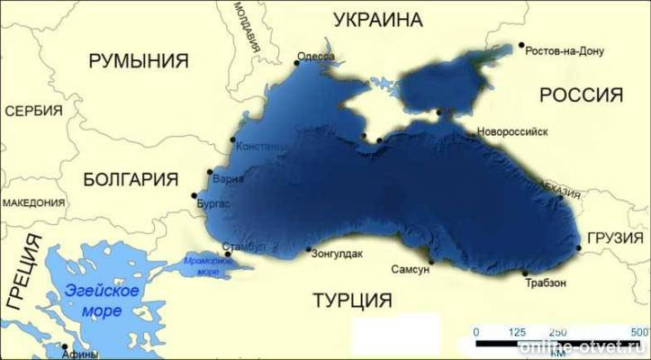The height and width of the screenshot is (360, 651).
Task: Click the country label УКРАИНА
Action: tap(378, 20)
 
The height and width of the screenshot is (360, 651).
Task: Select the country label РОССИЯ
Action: tap(581, 95)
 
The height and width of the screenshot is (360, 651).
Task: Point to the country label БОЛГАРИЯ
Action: tap(131, 179)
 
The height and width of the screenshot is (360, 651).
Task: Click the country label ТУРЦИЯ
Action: tap(352, 300)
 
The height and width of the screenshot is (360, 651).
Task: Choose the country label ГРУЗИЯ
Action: tap(617, 238)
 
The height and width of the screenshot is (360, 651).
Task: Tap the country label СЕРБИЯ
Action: tap(33, 112)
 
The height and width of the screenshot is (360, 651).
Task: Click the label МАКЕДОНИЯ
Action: tap(34, 203)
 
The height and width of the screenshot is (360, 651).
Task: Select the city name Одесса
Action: tap(316, 56)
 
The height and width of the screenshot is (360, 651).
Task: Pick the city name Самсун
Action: tap(411, 269)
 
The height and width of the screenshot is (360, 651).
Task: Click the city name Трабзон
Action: tap(546, 283)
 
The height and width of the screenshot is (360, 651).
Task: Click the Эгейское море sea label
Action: tap(102, 300)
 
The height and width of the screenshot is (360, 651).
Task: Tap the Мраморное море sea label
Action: tap(201, 265)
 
